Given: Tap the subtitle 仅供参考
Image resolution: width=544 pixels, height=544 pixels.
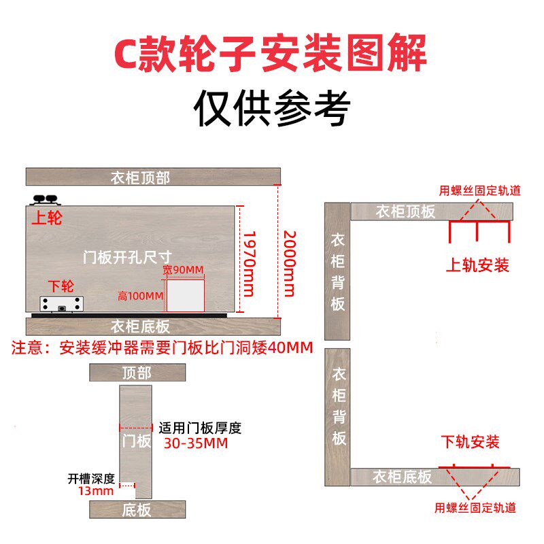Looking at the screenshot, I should coord(271,107).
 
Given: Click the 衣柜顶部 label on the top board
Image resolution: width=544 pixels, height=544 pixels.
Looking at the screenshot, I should coord(140,178).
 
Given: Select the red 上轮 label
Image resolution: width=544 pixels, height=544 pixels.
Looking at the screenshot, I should coord(47,219).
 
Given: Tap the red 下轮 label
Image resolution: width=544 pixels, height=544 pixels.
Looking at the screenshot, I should coord(61,285).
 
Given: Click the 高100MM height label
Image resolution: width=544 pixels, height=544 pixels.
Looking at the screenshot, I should coord(140,296).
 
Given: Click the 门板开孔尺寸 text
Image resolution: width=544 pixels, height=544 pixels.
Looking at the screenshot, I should coord(118,257).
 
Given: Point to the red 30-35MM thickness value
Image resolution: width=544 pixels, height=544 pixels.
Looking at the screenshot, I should coord(196,443).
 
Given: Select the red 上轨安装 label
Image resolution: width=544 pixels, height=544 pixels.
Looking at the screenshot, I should coord(477,265).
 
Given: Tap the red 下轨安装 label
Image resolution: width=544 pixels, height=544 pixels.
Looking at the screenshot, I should coord(471,442).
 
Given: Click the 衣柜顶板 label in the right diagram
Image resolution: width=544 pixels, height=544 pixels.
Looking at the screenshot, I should coord(405,211).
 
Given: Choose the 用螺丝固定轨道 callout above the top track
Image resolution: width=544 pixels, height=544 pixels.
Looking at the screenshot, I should coord(480,190).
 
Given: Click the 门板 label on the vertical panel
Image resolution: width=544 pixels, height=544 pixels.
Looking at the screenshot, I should coord(136,441).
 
